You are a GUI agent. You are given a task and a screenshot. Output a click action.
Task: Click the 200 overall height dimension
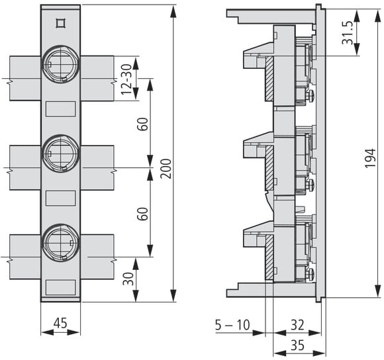167,169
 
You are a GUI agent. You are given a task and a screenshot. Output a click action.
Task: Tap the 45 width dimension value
60,323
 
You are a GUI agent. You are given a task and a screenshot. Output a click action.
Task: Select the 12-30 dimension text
126,79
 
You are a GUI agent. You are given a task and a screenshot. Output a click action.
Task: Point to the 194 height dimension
370,158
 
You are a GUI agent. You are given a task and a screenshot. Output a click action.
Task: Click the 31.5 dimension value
348,33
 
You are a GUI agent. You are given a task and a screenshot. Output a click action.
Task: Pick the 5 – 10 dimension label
232,325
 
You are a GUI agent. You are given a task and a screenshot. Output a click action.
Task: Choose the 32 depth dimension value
297,325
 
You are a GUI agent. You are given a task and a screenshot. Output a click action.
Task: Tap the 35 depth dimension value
297,345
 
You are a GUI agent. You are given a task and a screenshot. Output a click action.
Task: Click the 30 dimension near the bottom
128,279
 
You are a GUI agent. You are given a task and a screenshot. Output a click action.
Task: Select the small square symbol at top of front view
60,23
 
